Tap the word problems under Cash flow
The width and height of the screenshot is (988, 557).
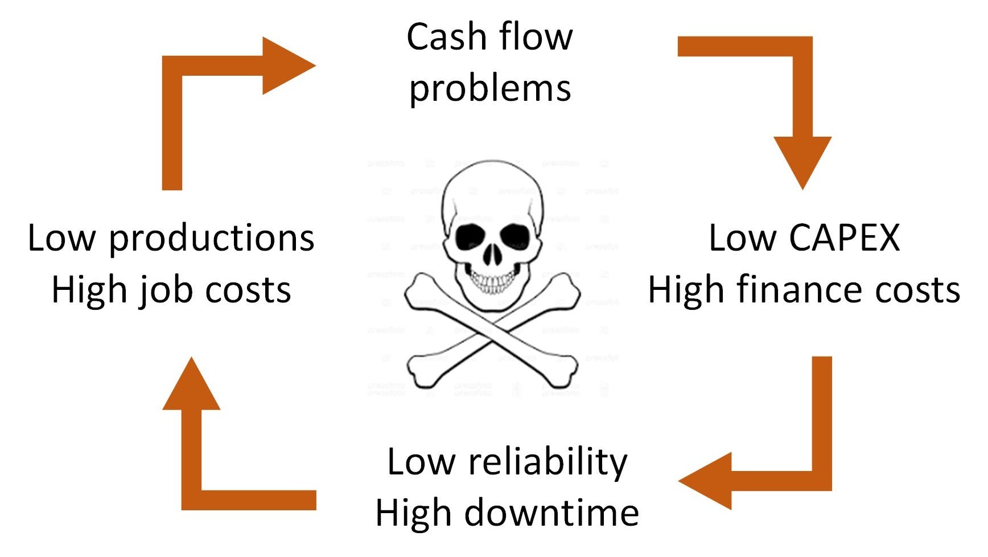tap(490, 89)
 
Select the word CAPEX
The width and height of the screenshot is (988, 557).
tap(844, 237)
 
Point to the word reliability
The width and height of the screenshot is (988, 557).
tap(548, 462)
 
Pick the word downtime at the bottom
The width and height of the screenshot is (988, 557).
tap(551, 513)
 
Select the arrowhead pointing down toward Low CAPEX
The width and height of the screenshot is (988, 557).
tap(802, 162)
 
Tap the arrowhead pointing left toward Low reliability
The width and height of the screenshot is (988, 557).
tap(705, 481)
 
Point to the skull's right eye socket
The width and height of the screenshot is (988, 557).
tap(514, 234)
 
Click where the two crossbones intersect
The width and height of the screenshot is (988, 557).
tap(492, 331)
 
